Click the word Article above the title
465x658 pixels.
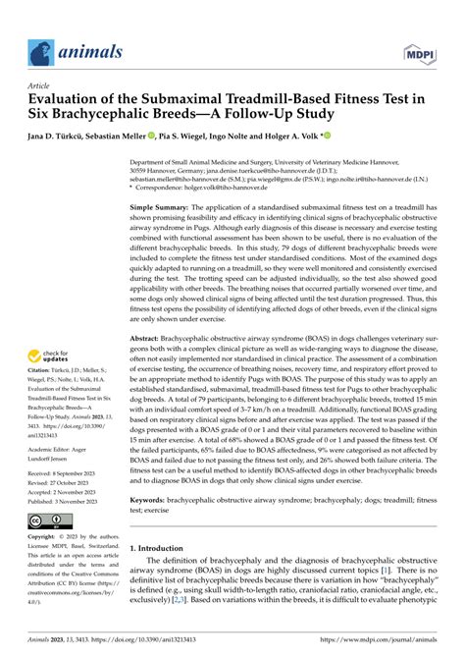45,86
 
